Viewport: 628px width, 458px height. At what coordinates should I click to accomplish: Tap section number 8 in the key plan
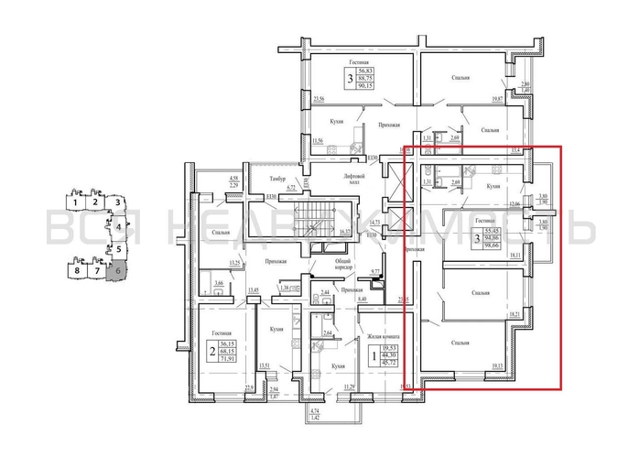[78, 272]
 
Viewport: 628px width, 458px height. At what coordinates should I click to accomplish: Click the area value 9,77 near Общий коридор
[374, 271]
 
